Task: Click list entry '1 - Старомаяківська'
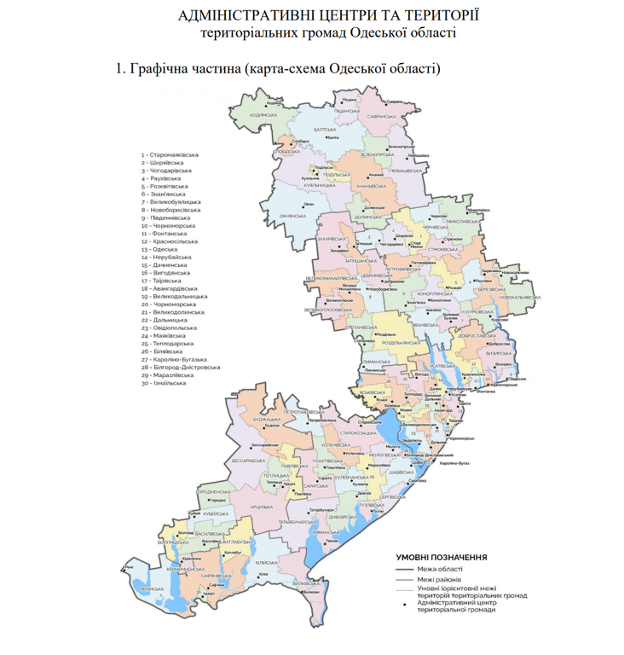tap(170, 154)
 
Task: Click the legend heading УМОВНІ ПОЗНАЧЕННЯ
tap(442, 556)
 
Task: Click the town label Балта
tap(333, 136)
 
